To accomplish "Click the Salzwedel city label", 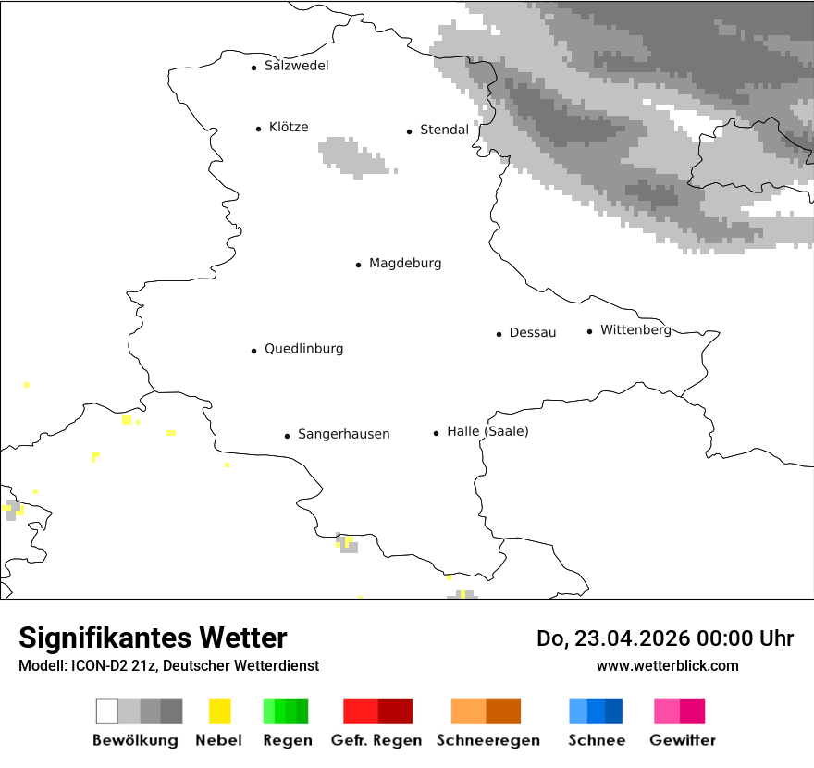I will [x=296, y=66].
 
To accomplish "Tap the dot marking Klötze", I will [x=258, y=129].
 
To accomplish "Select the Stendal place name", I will [x=444, y=130].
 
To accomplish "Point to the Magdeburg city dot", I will [x=358, y=265].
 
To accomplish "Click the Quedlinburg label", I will [x=303, y=349].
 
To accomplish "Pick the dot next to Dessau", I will [x=499, y=334].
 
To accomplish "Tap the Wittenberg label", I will [x=635, y=329].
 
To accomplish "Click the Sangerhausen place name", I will [x=343, y=434].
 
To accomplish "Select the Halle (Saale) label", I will [x=487, y=431].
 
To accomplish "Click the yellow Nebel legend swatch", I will [x=219, y=711].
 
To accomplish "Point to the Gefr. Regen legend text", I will [x=376, y=740].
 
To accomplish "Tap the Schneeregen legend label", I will [x=487, y=740].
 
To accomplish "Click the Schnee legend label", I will [x=596, y=740].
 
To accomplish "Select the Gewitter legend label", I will [x=683, y=740].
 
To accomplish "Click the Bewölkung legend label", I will [x=135, y=740].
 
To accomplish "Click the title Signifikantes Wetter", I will [x=153, y=638].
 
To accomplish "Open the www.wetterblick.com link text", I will [x=667, y=665].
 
